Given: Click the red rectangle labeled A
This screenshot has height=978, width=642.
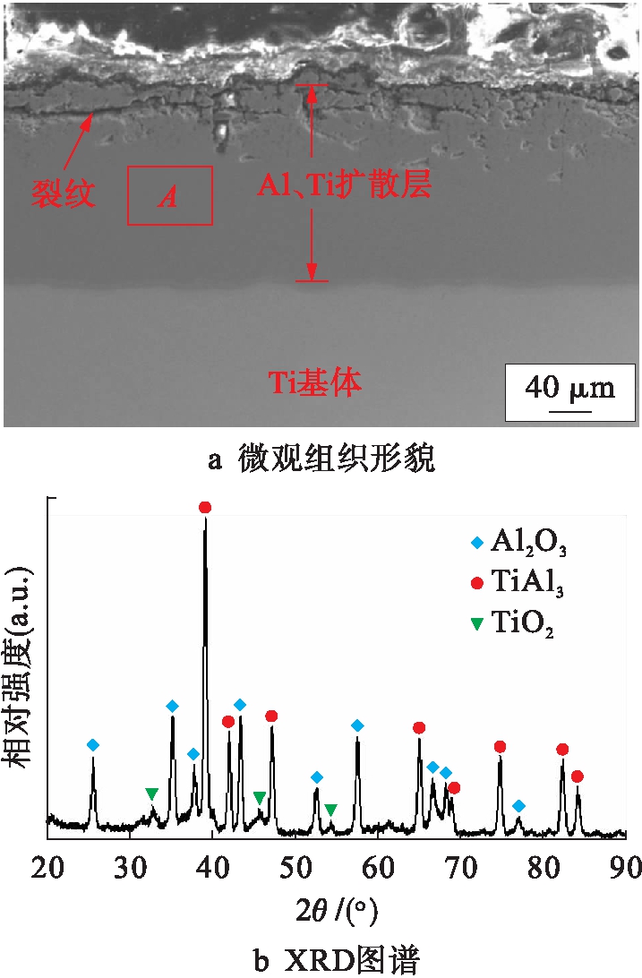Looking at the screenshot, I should coord(169,195).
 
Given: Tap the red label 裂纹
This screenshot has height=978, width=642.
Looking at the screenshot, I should coord(64,193).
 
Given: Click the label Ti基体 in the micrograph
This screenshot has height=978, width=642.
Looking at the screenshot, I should coord(316,382).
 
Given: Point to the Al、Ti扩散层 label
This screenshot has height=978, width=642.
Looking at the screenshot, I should coord(345,185).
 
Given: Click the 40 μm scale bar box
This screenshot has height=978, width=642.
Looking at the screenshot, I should coord(569,392).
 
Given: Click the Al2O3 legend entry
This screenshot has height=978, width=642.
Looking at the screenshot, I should coord(518,542).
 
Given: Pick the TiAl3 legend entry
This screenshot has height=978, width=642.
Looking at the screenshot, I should coord(518,583).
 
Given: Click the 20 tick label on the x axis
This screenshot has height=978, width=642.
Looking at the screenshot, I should coord(48,868).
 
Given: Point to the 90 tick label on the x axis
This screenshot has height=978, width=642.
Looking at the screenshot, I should coord(625,868).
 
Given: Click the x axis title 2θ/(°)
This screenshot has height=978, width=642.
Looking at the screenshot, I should coord(337,912).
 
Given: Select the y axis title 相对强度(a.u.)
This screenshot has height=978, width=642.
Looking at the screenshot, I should coord(21,667).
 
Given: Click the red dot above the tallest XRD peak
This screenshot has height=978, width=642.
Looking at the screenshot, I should coord(205,507).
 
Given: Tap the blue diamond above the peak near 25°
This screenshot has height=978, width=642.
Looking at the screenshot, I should coord(93,745).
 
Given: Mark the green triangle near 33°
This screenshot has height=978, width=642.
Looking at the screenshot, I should coord(152,794).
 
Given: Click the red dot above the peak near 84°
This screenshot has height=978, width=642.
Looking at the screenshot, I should coord(578,776).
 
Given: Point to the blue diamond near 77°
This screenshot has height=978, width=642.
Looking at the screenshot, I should coord(518,806).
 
